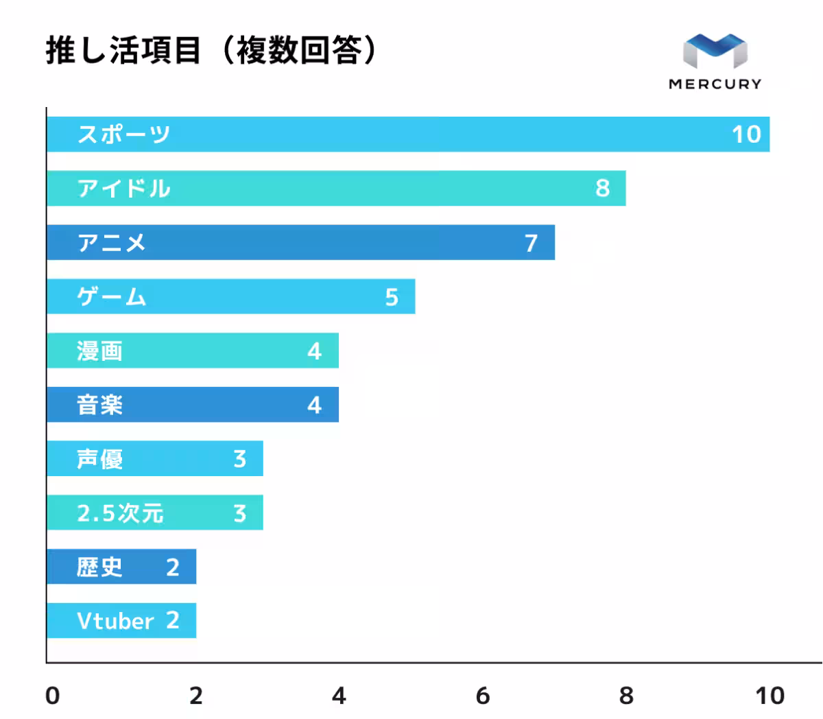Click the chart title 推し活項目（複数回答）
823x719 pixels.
coord(211,51)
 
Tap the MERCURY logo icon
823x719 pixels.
coord(715,52)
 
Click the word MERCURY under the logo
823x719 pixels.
coord(715,84)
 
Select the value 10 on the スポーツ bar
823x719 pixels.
coord(746,134)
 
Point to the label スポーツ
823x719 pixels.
coord(123,134)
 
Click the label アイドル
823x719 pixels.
coord(123,189)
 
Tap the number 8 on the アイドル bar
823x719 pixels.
coord(602,189)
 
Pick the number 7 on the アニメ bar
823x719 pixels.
coord(531,243)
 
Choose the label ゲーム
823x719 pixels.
coord(112,297)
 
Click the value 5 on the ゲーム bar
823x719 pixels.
coord(391,297)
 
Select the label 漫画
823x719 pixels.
coord(100,351)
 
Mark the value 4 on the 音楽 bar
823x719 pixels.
coord(314,405)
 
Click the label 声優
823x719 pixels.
coord(100,459)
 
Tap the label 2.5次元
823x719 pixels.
coord(120,513)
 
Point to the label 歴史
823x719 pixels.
coord(100,567)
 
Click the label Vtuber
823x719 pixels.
coord(115,622)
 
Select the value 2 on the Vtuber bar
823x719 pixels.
coord(172,621)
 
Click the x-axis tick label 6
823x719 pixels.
coord(483,696)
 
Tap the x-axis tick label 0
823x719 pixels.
coord(52,696)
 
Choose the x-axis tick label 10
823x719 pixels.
coord(770,696)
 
